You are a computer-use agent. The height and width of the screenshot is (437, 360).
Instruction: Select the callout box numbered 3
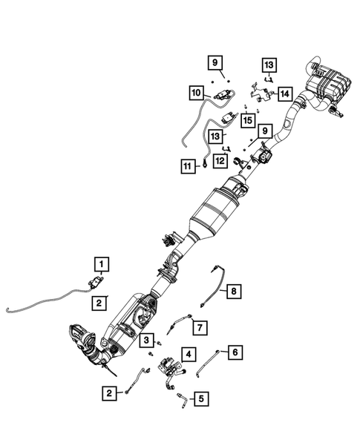tap(148, 341)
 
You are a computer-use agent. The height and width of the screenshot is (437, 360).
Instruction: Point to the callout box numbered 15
tap(246, 119)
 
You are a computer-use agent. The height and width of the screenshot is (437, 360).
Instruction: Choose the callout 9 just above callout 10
tap(214, 63)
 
